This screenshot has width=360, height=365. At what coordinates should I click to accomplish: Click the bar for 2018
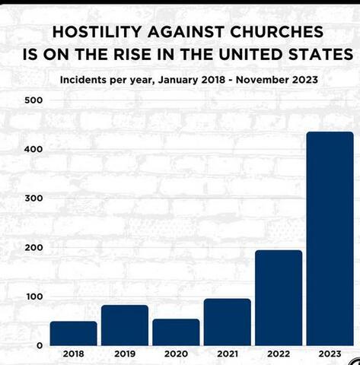(74, 333)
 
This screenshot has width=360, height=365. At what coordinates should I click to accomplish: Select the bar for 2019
(125, 325)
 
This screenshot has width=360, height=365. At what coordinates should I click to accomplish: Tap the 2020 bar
(176, 332)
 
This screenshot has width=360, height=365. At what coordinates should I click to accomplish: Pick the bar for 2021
(228, 322)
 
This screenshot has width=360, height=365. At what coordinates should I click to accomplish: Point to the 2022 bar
(279, 298)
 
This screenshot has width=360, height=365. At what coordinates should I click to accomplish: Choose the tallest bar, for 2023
(330, 239)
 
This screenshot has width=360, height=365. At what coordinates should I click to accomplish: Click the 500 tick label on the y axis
(33, 100)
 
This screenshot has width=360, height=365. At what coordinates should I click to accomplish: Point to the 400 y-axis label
(33, 149)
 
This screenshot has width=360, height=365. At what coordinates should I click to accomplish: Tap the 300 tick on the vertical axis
(33, 198)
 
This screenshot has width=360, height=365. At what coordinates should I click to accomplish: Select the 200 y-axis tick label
(33, 248)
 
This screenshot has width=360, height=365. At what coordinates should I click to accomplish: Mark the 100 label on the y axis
(34, 297)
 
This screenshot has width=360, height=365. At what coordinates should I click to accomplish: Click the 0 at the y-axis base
(40, 345)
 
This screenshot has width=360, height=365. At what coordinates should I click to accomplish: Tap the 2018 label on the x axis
(73, 354)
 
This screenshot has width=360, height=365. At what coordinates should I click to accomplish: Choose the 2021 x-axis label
(228, 354)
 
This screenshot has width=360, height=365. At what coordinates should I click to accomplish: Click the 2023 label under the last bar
(330, 354)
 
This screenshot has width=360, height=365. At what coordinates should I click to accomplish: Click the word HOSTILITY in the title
(97, 32)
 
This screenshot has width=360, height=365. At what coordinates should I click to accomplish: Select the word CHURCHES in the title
(277, 32)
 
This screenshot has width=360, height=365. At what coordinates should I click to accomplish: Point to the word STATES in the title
(320, 54)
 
